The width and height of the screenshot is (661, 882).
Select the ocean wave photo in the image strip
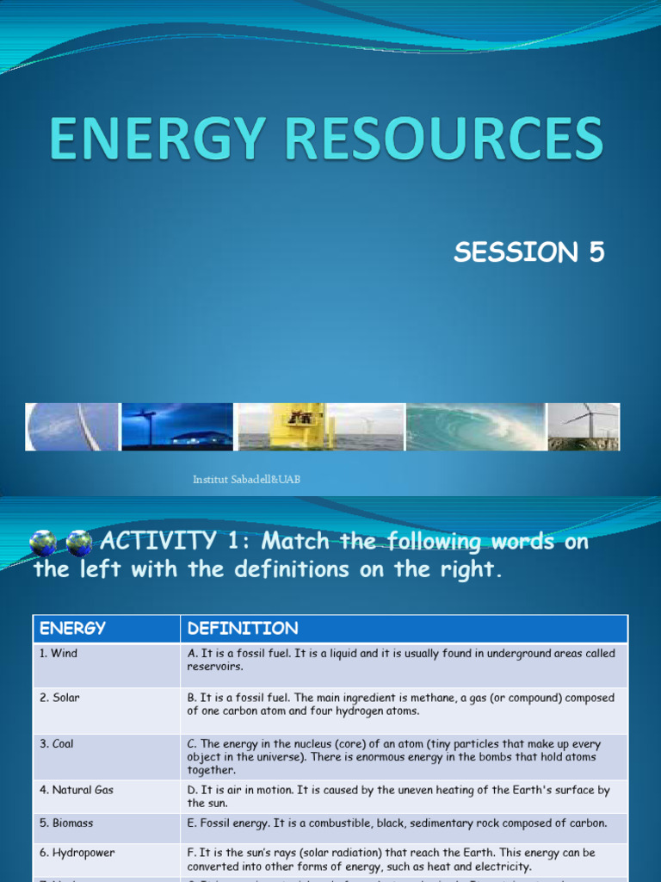point(475,426)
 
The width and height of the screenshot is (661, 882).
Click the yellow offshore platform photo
point(298,426)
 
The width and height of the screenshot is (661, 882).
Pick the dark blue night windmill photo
point(176,426)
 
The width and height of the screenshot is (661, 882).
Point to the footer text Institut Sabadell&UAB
point(246,479)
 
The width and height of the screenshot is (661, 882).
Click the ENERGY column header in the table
point(72,629)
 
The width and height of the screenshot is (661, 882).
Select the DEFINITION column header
point(243,629)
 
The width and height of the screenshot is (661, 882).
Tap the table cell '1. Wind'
point(59,654)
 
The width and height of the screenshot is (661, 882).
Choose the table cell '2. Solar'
point(59,698)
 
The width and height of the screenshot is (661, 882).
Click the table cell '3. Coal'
point(57,744)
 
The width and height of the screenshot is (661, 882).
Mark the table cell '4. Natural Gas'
point(77,790)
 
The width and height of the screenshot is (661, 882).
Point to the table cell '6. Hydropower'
point(77,853)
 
